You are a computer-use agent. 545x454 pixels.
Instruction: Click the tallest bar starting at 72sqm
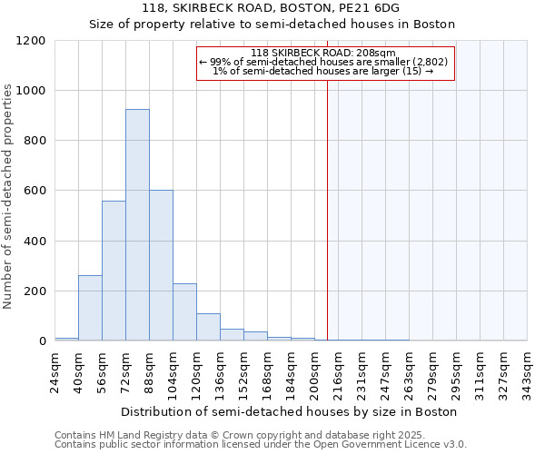[137, 225]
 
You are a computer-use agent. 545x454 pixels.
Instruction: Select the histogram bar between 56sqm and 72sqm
[114, 271]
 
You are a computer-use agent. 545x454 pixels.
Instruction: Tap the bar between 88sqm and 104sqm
[161, 265]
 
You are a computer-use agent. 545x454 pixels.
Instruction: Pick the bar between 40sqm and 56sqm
[90, 308]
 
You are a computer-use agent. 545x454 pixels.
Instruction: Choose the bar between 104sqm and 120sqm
[184, 312]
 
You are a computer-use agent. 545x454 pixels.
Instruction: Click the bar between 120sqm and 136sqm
[208, 327]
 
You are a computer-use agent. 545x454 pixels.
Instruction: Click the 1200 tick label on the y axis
[30, 41]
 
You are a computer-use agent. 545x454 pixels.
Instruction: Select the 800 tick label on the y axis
[34, 141]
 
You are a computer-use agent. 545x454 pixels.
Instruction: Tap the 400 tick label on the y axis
[34, 242]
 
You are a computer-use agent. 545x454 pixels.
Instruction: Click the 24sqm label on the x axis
[54, 369]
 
